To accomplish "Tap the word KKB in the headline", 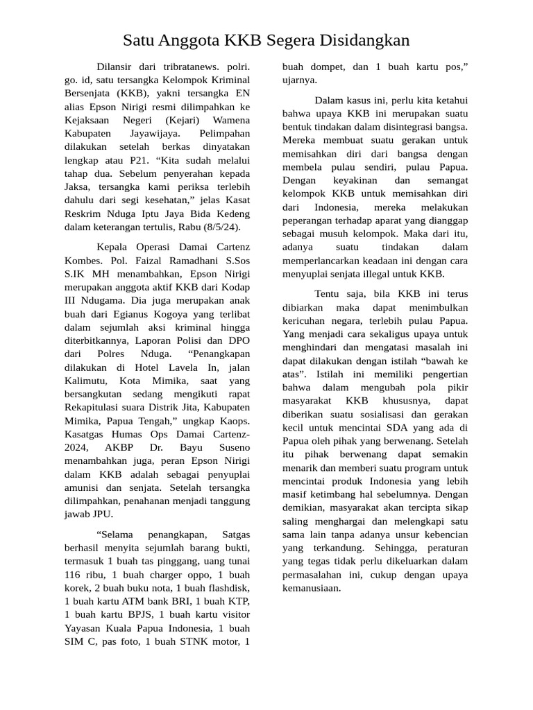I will (242, 41).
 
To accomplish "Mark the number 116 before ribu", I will (72, 575).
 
